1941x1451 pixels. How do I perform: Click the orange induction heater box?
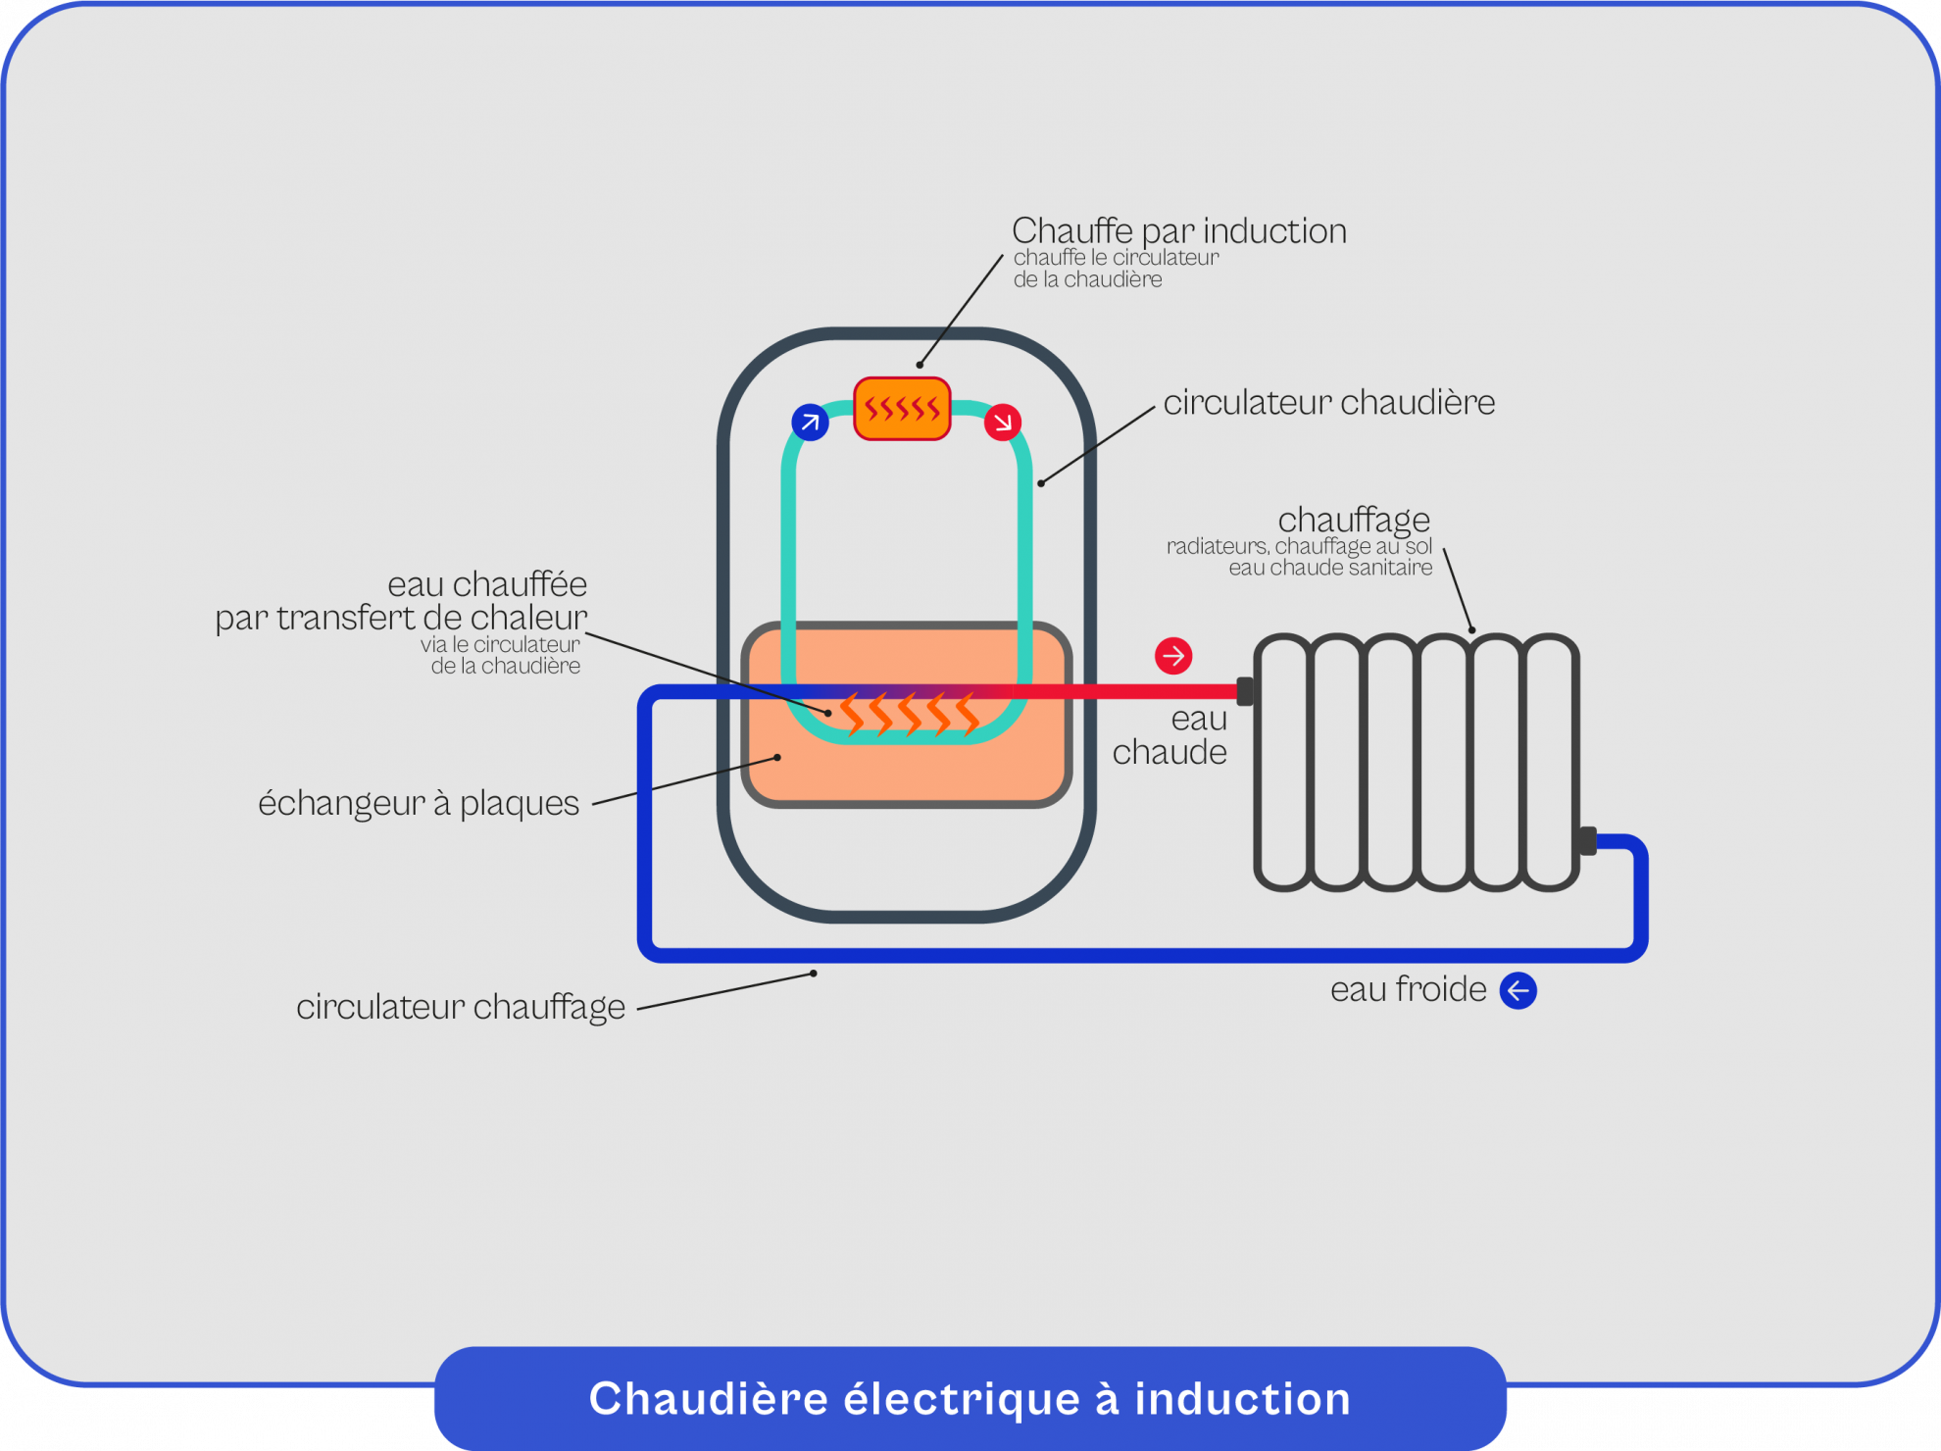(x=902, y=409)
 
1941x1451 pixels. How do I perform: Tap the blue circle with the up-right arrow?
(x=810, y=423)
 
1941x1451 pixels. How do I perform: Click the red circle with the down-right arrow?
(x=1002, y=423)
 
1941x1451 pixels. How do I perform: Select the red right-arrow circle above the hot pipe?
(x=1172, y=655)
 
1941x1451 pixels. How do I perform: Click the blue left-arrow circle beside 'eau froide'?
(x=1518, y=990)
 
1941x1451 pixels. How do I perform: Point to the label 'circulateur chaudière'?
(x=1328, y=403)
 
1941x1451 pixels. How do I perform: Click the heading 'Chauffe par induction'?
(x=1178, y=231)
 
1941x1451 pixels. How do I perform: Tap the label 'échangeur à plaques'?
(x=419, y=803)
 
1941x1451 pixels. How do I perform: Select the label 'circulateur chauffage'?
(x=460, y=1007)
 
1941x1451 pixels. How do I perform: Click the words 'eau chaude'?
(x=1171, y=735)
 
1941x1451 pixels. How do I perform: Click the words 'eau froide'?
(x=1408, y=989)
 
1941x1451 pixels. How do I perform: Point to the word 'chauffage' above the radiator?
(x=1353, y=519)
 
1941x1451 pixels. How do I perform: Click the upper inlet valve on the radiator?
(x=1245, y=691)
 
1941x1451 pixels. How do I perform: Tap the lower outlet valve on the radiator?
(x=1587, y=841)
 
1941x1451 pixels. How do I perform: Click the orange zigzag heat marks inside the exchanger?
(x=909, y=715)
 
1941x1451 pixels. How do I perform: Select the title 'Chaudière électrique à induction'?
(x=970, y=1399)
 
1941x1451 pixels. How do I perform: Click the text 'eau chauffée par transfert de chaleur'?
(x=401, y=601)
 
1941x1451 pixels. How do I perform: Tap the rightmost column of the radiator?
(x=1551, y=763)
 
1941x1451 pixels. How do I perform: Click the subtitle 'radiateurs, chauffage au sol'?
(x=1299, y=546)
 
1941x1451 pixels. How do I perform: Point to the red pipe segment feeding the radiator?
(x=1127, y=691)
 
